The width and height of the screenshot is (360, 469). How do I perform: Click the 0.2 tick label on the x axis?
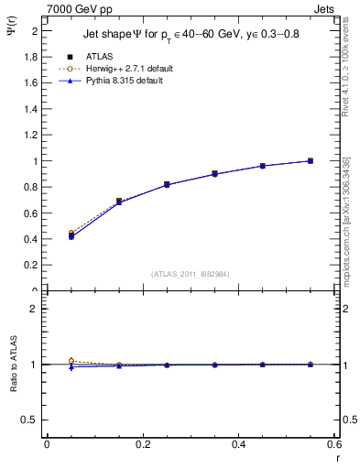tap(142, 444)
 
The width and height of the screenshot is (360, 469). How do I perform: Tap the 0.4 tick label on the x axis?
tap(238, 444)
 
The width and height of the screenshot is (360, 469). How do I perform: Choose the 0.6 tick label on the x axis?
tap(333, 444)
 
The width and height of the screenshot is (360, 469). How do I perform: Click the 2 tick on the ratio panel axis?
tap(35, 309)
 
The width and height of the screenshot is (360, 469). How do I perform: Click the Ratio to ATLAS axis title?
tap(13, 365)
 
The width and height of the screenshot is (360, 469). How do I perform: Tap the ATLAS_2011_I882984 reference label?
tap(190, 274)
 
